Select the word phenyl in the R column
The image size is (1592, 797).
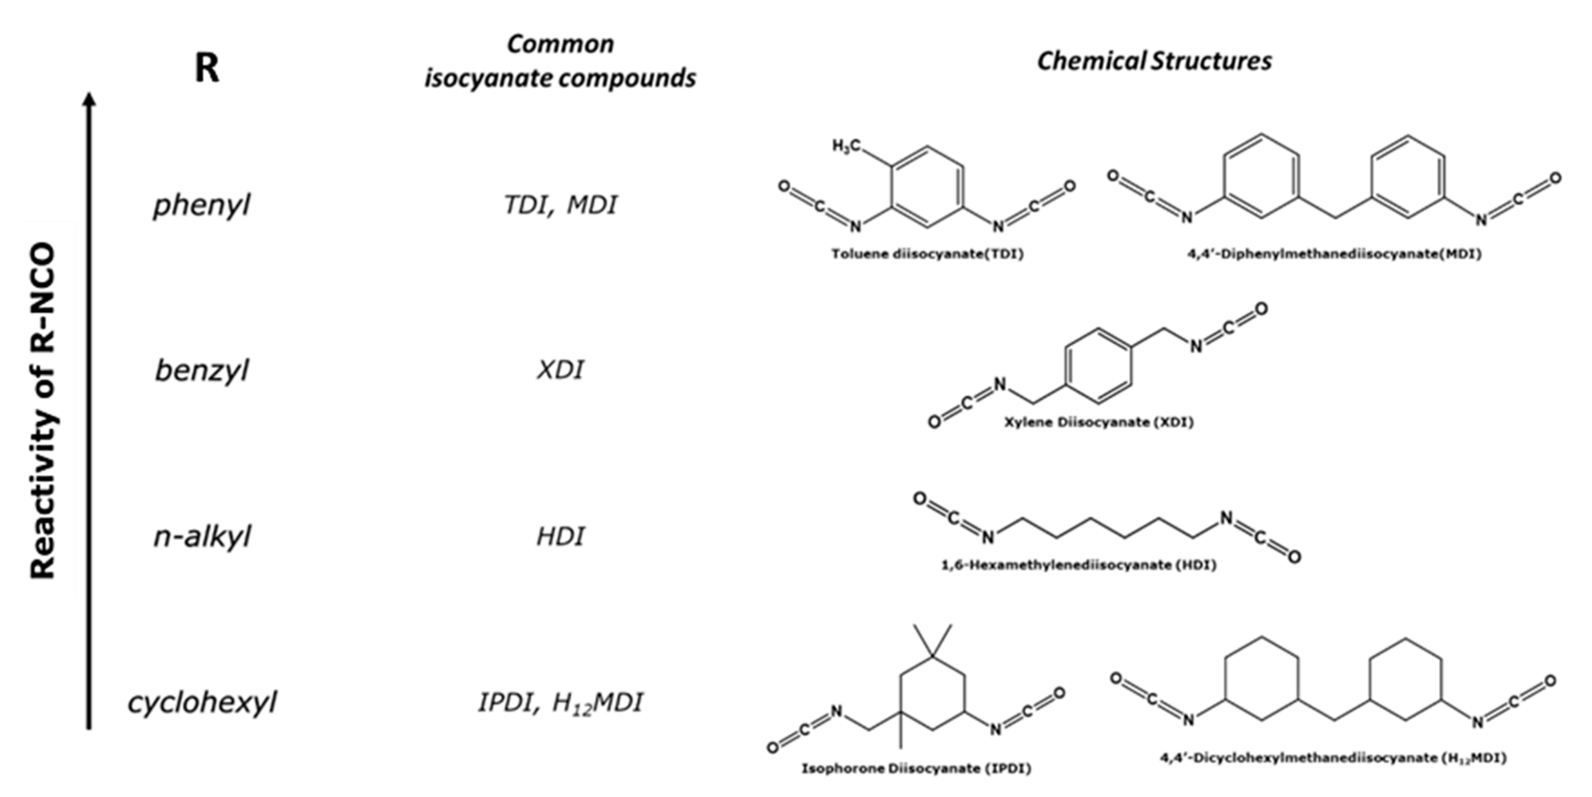[201, 204]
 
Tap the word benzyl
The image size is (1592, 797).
[201, 371]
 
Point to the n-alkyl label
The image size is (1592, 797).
[201, 536]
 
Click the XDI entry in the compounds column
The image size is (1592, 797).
[560, 370]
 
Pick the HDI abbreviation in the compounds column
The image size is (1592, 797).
[560, 536]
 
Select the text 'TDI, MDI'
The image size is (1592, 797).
[560, 204]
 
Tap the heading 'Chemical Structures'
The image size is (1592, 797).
[1154, 61]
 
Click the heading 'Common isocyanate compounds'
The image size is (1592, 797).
[560, 61]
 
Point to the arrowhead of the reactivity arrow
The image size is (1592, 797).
[90, 99]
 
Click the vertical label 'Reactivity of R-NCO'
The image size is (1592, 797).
[43, 411]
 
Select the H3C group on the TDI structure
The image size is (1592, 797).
[846, 146]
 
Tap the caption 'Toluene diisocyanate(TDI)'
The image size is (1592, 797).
[927, 254]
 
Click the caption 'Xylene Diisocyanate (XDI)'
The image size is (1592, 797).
[1098, 423]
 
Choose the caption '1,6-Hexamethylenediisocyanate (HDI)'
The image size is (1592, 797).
[1078, 565]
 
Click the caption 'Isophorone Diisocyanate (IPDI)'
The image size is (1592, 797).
[916, 769]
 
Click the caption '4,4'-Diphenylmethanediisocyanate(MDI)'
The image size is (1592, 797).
[1334, 254]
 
